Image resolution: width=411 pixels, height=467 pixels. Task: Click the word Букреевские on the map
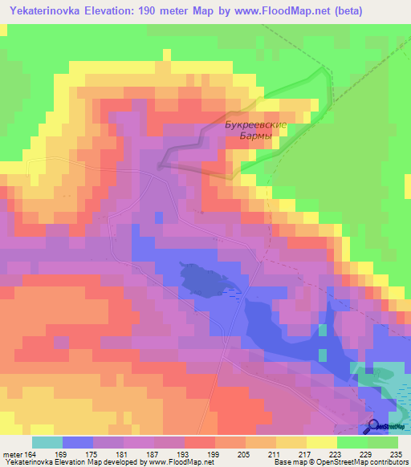(x=255, y=124)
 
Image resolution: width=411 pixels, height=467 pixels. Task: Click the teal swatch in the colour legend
(x=47, y=442)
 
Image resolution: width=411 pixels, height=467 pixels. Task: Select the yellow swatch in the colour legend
(x=322, y=442)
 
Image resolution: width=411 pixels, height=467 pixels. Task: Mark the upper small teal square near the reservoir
(x=323, y=330)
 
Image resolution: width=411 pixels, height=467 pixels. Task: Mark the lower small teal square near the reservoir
(x=323, y=355)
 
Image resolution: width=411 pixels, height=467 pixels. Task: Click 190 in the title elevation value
(x=149, y=11)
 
